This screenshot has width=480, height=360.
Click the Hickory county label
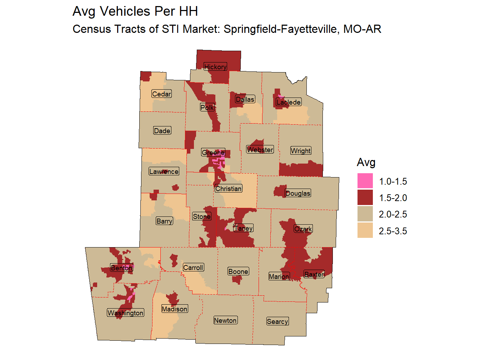[x=215, y=67]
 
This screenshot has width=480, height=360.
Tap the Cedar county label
[x=161, y=94]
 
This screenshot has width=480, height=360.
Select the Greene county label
[x=213, y=152]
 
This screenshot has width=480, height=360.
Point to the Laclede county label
[x=289, y=102]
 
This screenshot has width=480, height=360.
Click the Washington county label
[x=125, y=313]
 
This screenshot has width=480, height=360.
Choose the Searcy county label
[x=277, y=321]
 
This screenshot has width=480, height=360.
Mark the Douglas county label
[x=298, y=193]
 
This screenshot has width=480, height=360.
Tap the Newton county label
[x=225, y=320]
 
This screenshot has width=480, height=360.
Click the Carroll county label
[x=193, y=267]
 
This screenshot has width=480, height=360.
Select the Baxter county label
[x=314, y=274]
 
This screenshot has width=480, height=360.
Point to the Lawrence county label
[x=164, y=171]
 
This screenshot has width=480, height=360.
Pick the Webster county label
[x=260, y=150]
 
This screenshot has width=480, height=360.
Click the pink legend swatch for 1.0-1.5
[x=365, y=181]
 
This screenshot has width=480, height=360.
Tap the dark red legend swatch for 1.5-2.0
[x=365, y=197]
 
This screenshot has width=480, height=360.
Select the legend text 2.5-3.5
[x=393, y=231]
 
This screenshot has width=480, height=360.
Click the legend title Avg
[x=366, y=162]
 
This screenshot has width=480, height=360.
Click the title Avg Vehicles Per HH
[x=135, y=11]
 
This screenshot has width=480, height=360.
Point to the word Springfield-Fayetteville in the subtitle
[x=282, y=29]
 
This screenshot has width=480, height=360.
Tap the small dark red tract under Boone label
[x=237, y=280]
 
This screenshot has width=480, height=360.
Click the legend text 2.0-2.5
[x=393, y=214]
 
